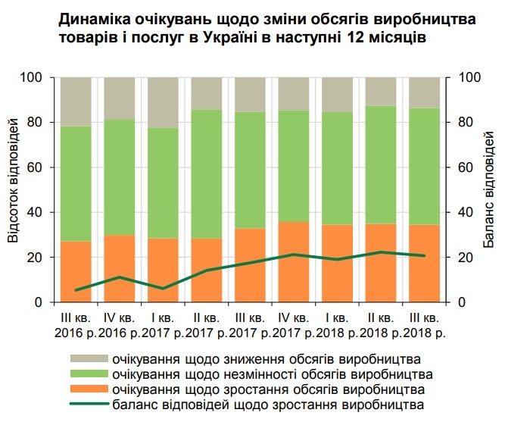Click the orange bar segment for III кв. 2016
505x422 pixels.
click(75, 271)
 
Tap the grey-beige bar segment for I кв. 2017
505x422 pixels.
click(162, 102)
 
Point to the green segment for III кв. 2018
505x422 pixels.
click(424, 167)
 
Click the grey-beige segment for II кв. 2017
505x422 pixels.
click(206, 93)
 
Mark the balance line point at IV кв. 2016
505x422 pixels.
click(119, 277)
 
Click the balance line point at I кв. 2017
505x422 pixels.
click(162, 289)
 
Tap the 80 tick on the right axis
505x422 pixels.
click(467, 122)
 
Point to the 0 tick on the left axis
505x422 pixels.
click(45, 302)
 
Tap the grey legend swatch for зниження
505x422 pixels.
click(89, 358)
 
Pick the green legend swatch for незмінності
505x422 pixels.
click(89, 374)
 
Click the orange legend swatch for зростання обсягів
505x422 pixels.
click(89, 389)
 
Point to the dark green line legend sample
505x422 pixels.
click(89, 405)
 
